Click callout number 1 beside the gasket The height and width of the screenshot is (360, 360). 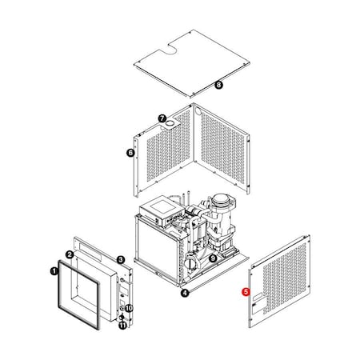tap(54, 271)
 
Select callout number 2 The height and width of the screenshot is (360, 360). tap(70, 254)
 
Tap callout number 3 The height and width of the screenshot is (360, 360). tap(120, 259)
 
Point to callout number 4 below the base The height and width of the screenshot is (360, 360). tap(185, 293)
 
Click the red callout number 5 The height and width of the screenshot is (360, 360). tap(246, 292)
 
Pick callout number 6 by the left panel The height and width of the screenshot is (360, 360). tap(130, 152)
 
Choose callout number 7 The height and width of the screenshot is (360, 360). tap(161, 118)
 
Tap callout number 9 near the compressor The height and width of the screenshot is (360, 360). tap(212, 258)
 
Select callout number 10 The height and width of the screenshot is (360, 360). tap(129, 307)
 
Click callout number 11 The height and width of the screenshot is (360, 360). tap(122, 325)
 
